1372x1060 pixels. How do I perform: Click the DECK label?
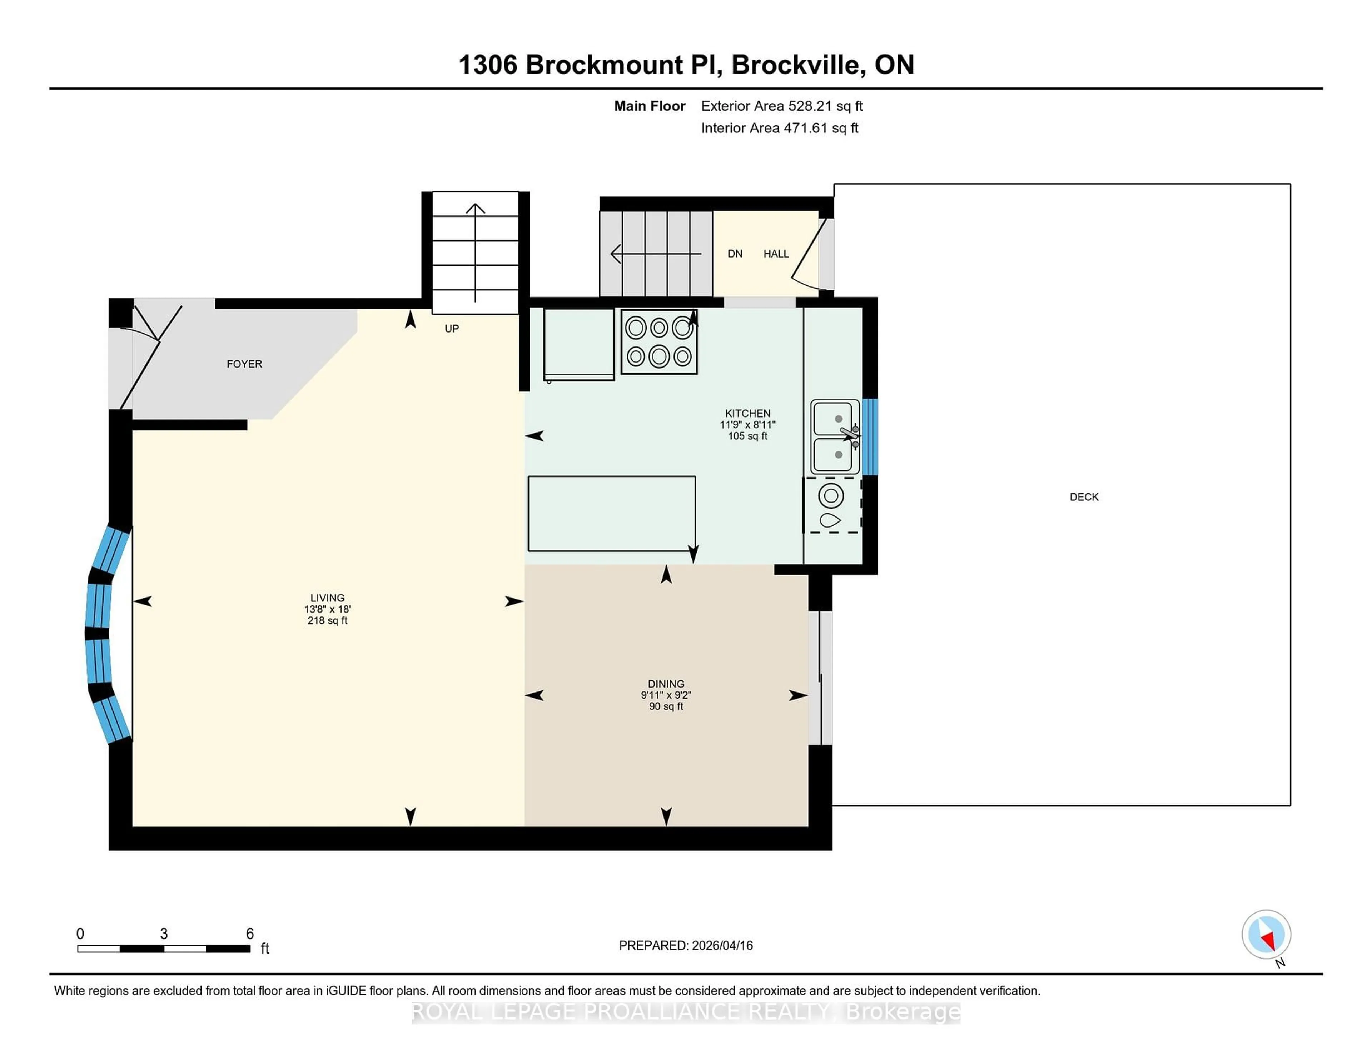click(x=1084, y=497)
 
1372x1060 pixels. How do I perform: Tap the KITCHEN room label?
click(x=747, y=413)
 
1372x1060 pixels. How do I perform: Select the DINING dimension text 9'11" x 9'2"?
click(x=666, y=695)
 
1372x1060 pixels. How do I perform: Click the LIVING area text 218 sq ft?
click(x=327, y=620)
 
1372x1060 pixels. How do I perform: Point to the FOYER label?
click(x=244, y=364)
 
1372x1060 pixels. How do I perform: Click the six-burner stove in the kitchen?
click(x=659, y=342)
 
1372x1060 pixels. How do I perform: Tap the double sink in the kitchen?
click(x=834, y=436)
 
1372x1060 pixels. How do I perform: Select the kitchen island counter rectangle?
click(x=611, y=514)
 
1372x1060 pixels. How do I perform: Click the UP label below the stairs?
click(x=452, y=329)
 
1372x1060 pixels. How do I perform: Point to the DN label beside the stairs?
click(x=735, y=254)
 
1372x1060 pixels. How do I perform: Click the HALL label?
click(x=776, y=254)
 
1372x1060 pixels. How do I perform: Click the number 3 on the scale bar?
click(x=164, y=934)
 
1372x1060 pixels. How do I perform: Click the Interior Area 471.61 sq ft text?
click(x=780, y=128)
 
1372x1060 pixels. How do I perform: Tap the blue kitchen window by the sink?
click(x=869, y=436)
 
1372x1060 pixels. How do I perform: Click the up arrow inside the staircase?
click(x=476, y=251)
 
